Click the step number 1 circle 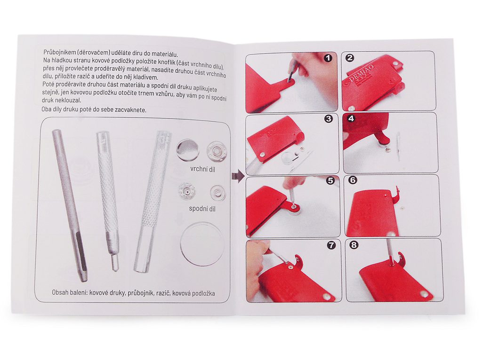(x=328, y=58)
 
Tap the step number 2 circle (x=350, y=58)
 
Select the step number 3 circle (x=329, y=118)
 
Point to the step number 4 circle (x=351, y=118)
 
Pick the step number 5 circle (x=330, y=180)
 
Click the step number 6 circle (x=353, y=180)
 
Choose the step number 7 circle (x=331, y=245)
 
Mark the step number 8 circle (x=354, y=245)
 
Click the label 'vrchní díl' (x=202, y=169)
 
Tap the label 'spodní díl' (x=202, y=209)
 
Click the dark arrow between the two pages (x=238, y=177)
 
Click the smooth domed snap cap (x=187, y=150)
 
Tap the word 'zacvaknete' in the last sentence (x=133, y=110)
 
